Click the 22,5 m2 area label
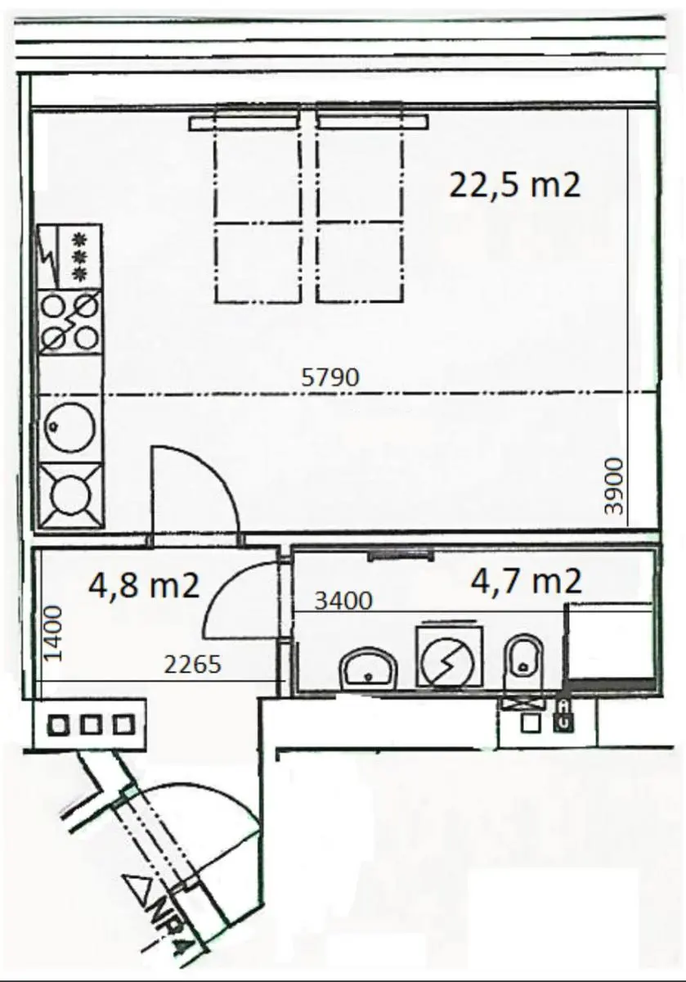click(x=515, y=185)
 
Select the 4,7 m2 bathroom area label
click(x=526, y=581)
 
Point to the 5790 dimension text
click(x=330, y=377)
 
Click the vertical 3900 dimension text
click(x=613, y=486)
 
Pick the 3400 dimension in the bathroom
click(x=343, y=600)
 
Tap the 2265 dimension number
click(x=193, y=664)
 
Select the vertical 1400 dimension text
click(x=53, y=633)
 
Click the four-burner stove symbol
click(x=70, y=322)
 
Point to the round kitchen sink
click(x=70, y=428)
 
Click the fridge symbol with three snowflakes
click(x=70, y=257)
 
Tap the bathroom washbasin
click(x=368, y=670)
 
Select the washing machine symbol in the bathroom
click(x=449, y=656)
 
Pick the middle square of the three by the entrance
click(x=91, y=725)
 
